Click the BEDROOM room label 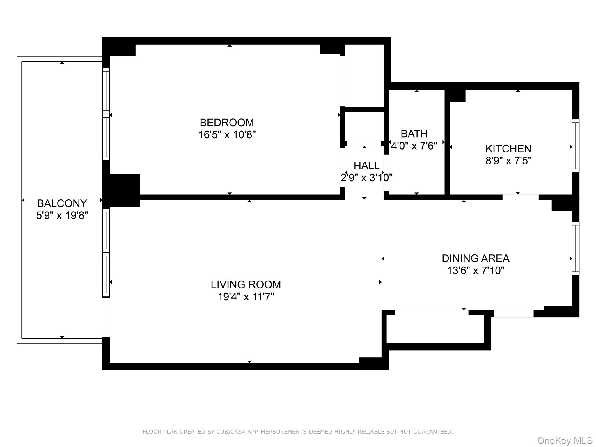pyautogui.click(x=227, y=123)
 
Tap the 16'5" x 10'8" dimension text pyautogui.click(x=227, y=135)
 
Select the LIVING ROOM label pyautogui.click(x=246, y=284)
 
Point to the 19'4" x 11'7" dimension pyautogui.click(x=246, y=297)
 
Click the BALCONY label pyautogui.click(x=62, y=203)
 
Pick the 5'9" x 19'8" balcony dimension pyautogui.click(x=62, y=215)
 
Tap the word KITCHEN pyautogui.click(x=508, y=149)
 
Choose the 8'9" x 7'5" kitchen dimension pyautogui.click(x=508, y=161)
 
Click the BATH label pyautogui.click(x=414, y=134)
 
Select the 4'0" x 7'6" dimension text pyautogui.click(x=414, y=146)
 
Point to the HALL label pyautogui.click(x=366, y=166)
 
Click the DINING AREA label pyautogui.click(x=475, y=258)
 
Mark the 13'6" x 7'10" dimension pyautogui.click(x=475, y=271)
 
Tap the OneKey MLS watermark pyautogui.click(x=565, y=441)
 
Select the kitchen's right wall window pyautogui.click(x=575, y=146)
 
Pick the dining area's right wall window pyautogui.click(x=575, y=248)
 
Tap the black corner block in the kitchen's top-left pyautogui.click(x=456, y=95)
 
